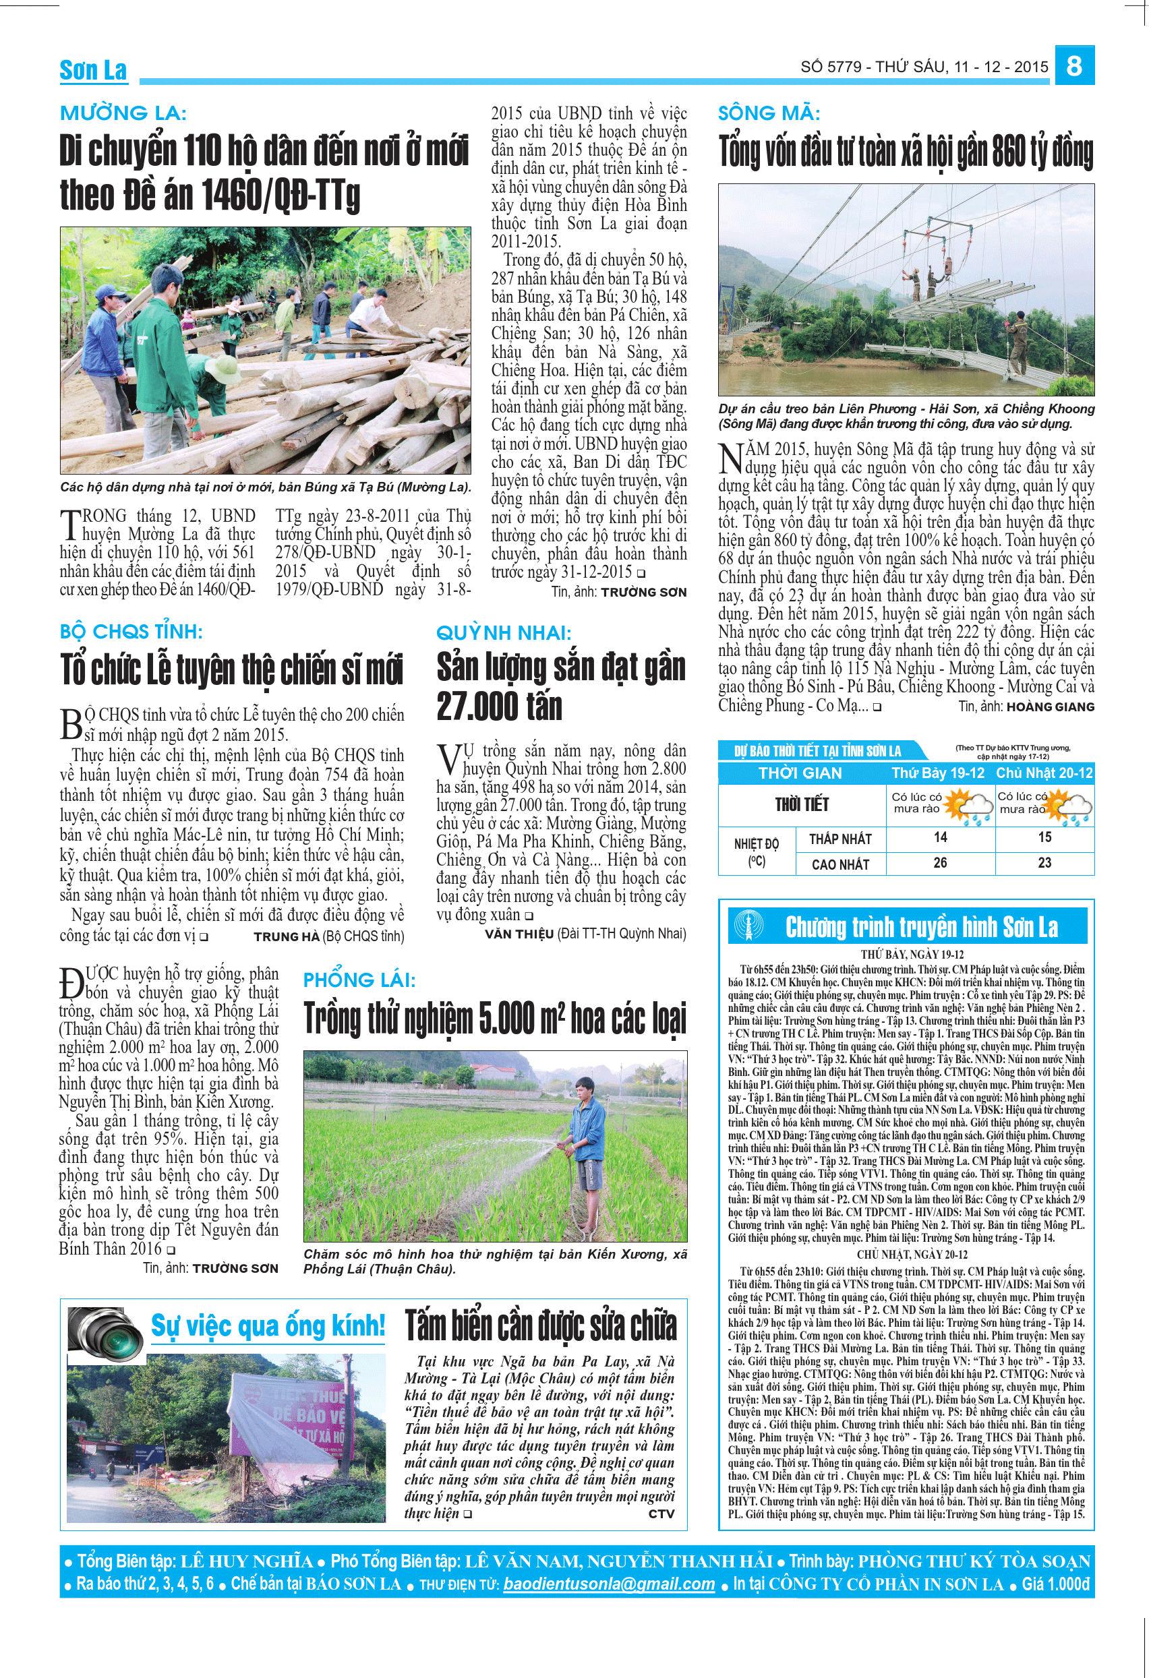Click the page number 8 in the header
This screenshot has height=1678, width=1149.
(1075, 67)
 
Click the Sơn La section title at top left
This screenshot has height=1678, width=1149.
(93, 70)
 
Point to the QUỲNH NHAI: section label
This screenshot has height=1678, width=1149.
(504, 633)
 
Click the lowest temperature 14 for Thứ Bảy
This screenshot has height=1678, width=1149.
(939, 838)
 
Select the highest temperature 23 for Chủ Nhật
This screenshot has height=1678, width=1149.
(1044, 863)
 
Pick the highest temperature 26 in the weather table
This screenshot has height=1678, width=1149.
(939, 863)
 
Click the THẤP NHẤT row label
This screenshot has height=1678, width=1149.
(840, 839)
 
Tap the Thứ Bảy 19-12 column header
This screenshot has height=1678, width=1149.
(938, 773)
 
